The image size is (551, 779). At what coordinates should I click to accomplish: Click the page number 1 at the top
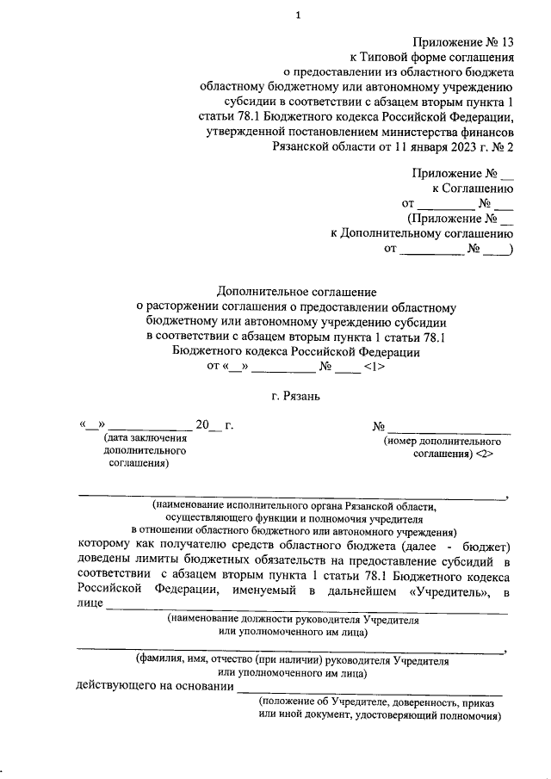click(x=298, y=15)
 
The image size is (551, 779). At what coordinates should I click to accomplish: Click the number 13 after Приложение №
click(x=505, y=41)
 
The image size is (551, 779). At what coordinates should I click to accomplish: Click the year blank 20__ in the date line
click(x=208, y=425)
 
